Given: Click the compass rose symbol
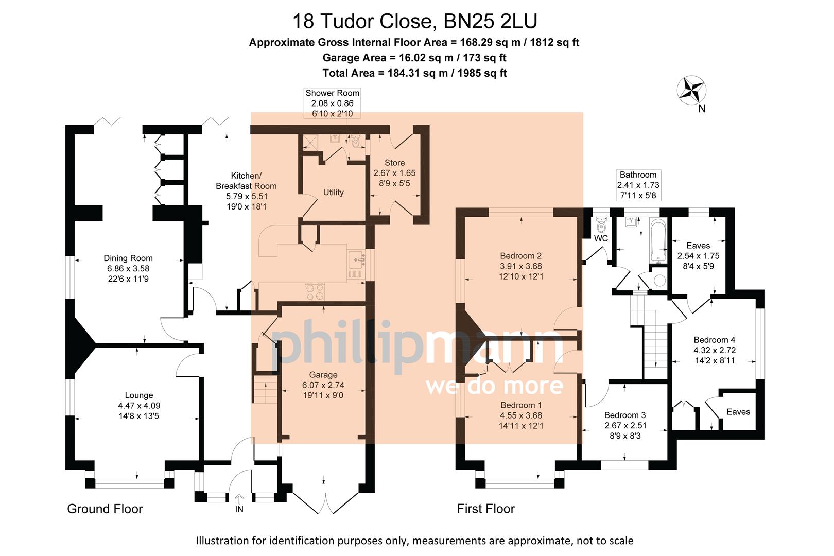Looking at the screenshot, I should tap(691, 90).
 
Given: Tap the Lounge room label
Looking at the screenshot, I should tap(139, 395).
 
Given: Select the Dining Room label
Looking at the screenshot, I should tap(128, 258).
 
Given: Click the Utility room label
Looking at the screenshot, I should tap(333, 193).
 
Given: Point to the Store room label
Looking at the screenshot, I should tap(394, 163).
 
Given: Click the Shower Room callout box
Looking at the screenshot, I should tap(332, 103).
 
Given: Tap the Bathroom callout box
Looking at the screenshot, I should tap(638, 185).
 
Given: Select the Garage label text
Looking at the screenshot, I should tap(323, 375).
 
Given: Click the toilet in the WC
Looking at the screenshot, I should tap(601, 225).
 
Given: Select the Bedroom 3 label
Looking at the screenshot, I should tap(625, 415).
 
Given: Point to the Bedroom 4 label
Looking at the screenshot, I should tap(714, 340).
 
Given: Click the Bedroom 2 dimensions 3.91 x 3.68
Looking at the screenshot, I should tap(521, 266).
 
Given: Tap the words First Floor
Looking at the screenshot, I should tap(485, 509).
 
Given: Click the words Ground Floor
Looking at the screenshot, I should tap(105, 509).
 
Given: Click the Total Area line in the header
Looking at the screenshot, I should tap(414, 73).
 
